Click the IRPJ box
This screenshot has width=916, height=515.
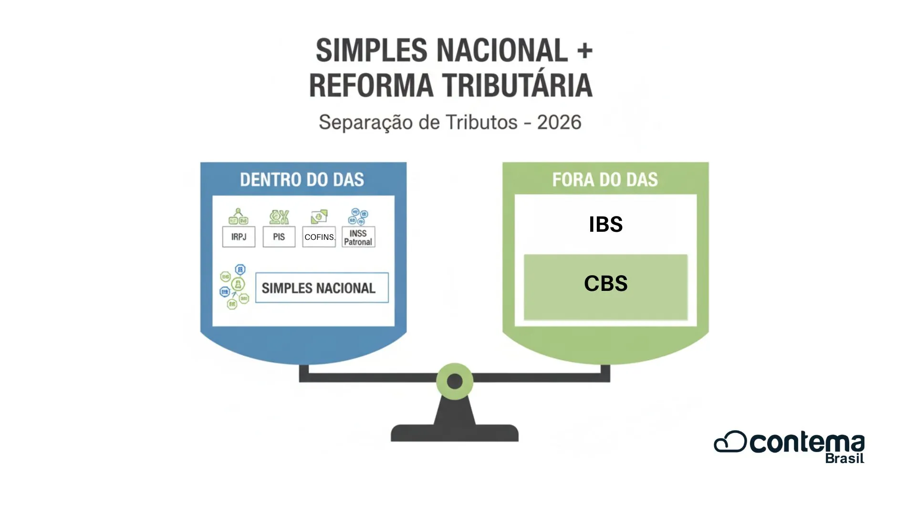[239, 237]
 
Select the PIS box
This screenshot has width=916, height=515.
[279, 237]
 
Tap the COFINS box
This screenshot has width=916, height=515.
[319, 237]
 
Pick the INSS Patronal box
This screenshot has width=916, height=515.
[358, 237]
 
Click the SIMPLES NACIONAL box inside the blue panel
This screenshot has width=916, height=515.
[322, 288]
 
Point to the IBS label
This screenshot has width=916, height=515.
[605, 225]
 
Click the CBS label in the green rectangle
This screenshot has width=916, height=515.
[605, 284]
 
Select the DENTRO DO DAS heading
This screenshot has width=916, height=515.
[302, 180]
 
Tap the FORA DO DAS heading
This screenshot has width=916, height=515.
[605, 180]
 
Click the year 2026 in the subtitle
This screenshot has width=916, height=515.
[559, 123]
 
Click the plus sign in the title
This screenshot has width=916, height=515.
[584, 51]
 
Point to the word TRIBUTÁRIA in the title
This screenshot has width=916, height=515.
[517, 86]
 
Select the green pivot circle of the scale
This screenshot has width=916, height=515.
[455, 381]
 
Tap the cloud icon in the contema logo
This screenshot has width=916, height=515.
[730, 442]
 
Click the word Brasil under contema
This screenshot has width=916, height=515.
[844, 459]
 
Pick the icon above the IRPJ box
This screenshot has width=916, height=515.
[239, 216]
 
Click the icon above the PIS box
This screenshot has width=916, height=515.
[279, 217]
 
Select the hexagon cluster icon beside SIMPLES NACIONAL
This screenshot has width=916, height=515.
[234, 287]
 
